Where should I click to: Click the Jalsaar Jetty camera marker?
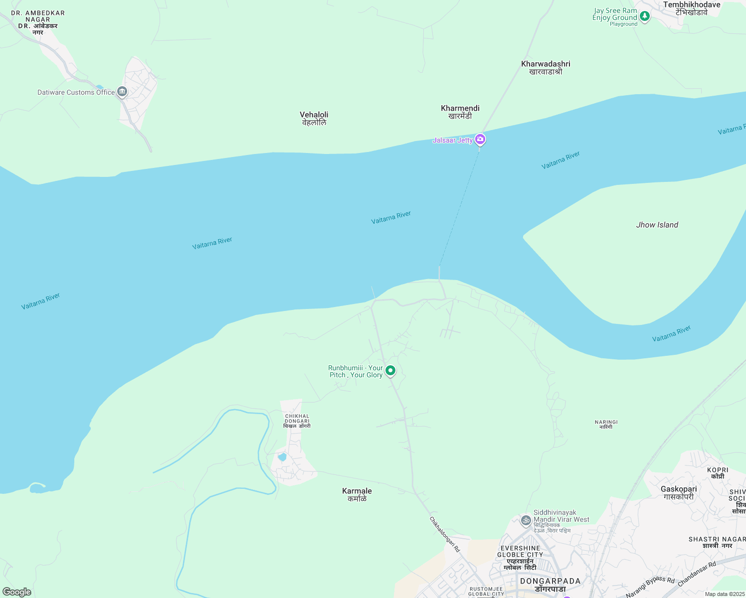point(480,139)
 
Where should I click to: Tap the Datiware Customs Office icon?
point(122,92)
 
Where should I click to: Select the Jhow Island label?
point(657,225)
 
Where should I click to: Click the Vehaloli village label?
point(314,118)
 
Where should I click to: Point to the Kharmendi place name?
point(460,112)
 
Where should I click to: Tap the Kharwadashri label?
point(546,67)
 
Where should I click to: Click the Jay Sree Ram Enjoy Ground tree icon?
point(645,16)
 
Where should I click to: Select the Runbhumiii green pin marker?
point(390,371)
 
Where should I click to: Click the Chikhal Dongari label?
point(297,421)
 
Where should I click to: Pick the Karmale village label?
point(357,494)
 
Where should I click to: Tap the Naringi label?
point(606,424)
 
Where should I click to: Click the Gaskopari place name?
point(678,492)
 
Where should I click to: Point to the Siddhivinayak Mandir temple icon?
point(526,521)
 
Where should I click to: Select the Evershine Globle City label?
point(520,554)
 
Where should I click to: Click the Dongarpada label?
point(550,585)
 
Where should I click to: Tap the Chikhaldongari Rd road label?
point(445,534)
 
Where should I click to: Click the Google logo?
point(17,592)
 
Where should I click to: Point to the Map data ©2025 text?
point(724,594)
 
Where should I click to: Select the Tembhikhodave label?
point(691,8)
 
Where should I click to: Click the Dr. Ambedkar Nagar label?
point(38,22)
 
